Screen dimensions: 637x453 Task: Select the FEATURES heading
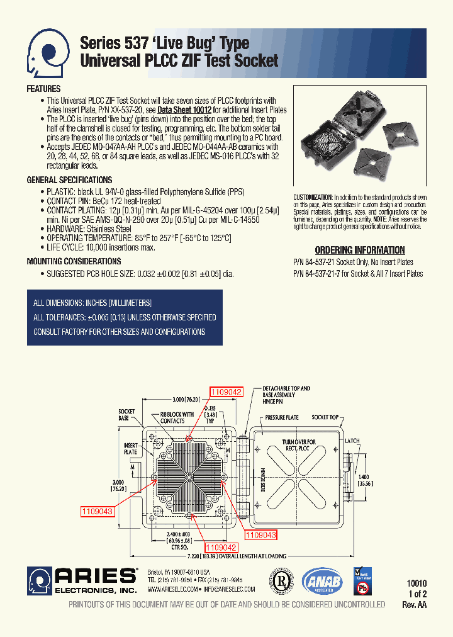pyautogui.click(x=43, y=89)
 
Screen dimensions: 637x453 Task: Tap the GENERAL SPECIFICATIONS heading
pyautogui.click(x=69, y=180)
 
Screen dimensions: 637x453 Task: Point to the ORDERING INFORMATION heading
pyautogui.click(x=359, y=250)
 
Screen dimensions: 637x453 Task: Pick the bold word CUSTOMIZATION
pyautogui.click(x=313, y=197)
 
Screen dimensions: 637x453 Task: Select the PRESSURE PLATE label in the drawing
pyautogui.click(x=282, y=417)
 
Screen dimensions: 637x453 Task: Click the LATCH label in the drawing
pyautogui.click(x=352, y=441)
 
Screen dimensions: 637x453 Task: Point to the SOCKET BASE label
pyautogui.click(x=126, y=414)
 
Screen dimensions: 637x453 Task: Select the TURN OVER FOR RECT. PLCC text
pyautogui.click(x=298, y=446)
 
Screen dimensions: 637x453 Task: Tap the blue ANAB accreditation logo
pyautogui.click(x=322, y=582)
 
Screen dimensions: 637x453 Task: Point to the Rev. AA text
pyautogui.click(x=414, y=604)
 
